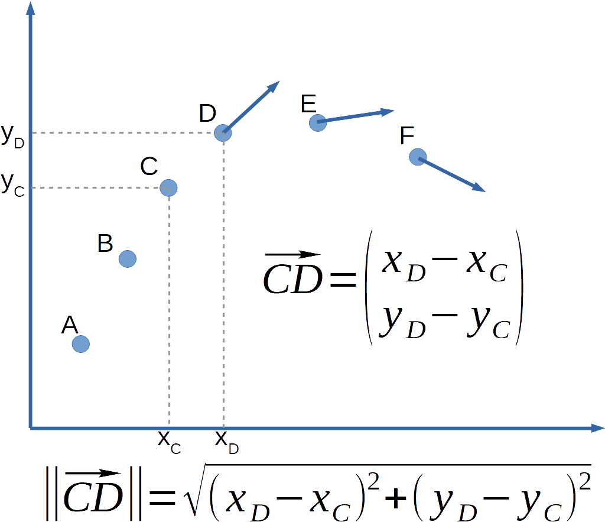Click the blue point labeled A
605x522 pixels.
(x=81, y=343)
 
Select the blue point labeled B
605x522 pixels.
(x=128, y=258)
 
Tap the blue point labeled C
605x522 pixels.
(x=168, y=188)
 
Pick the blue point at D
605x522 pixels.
(x=223, y=133)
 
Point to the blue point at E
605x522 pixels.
(x=318, y=122)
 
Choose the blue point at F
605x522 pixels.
(x=418, y=157)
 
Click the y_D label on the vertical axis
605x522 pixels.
(x=12, y=137)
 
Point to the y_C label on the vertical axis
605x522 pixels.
(x=12, y=185)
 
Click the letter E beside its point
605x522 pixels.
(x=308, y=104)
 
